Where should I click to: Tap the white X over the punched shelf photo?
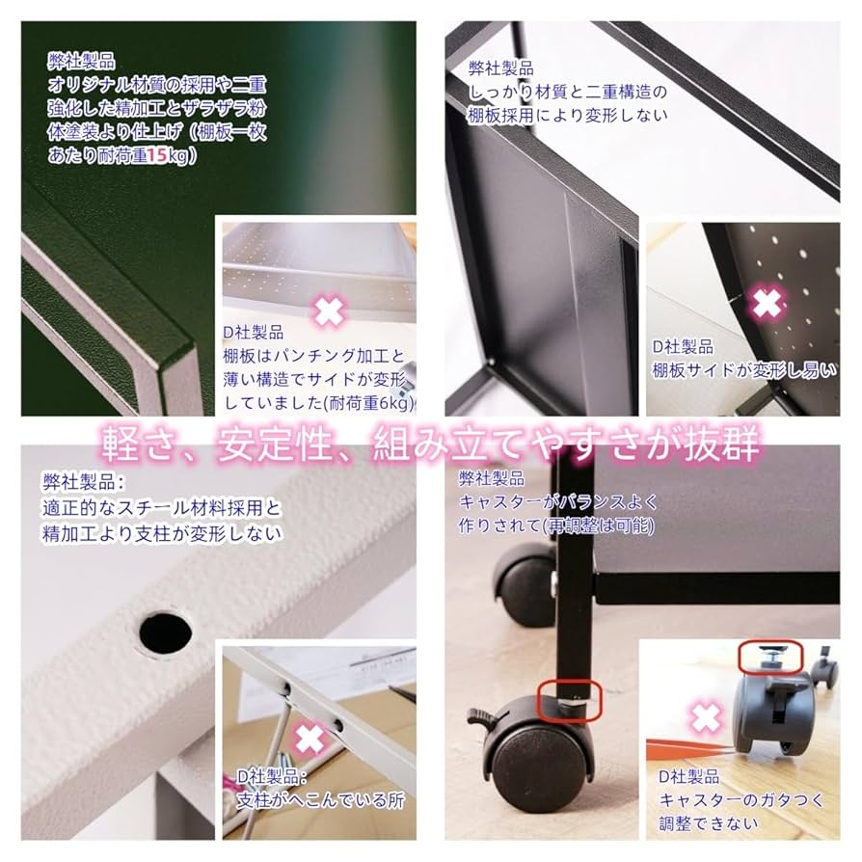(x=328, y=310)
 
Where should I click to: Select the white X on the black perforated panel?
(x=768, y=304)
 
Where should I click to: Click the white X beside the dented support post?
(x=309, y=739)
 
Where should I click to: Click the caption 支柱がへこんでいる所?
(x=321, y=800)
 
